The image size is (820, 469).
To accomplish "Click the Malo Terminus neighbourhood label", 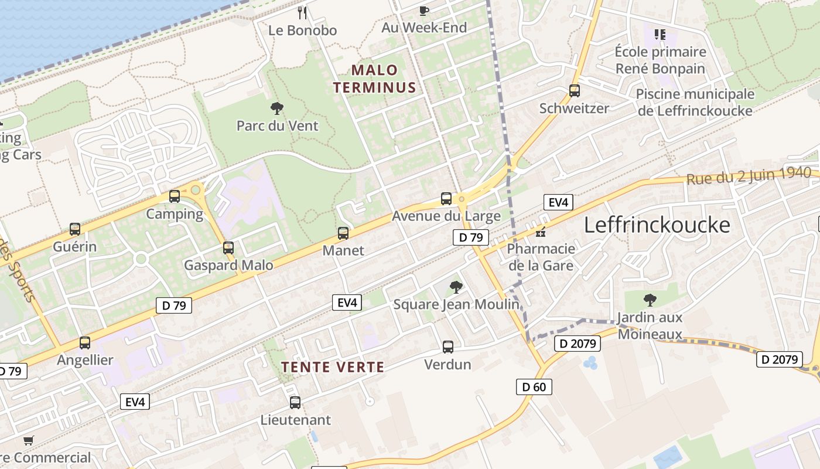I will [374, 79].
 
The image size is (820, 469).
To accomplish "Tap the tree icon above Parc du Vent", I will [277, 108].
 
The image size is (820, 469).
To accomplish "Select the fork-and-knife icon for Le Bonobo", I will [302, 12].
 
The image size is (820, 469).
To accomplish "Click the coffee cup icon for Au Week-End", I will [424, 11].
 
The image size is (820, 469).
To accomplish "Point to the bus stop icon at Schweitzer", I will [574, 91].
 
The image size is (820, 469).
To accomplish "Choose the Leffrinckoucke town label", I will [657, 225].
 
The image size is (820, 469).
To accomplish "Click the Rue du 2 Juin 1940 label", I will [749, 175].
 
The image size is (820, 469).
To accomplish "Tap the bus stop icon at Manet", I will [343, 233].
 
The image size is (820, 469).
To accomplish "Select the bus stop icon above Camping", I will [174, 196].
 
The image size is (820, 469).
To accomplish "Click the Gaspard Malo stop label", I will [228, 266].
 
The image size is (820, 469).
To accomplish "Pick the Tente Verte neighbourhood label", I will [333, 368].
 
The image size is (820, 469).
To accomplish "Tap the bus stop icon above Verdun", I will [448, 347].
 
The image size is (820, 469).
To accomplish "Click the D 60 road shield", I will [534, 387].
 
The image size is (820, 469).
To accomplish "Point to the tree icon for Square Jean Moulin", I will [456, 287].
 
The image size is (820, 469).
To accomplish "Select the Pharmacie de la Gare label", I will [541, 257].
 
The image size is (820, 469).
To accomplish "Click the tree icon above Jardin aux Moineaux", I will [650, 300].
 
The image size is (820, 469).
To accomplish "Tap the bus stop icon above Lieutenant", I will [295, 403].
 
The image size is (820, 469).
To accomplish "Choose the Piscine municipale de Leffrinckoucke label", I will [695, 102].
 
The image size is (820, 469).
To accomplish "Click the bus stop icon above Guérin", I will [74, 229].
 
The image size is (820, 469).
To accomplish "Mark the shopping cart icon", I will [28, 440].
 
